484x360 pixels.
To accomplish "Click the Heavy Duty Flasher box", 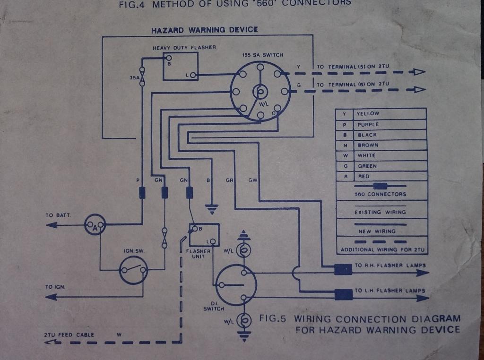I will pyautogui.click(x=180, y=67).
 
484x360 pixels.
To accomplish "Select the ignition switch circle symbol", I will pyautogui.click(x=133, y=270).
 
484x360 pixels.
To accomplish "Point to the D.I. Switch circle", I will pyautogui.click(x=235, y=285).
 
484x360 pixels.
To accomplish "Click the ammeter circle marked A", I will pyautogui.click(x=95, y=225).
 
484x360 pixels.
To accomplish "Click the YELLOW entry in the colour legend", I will pyautogui.click(x=368, y=114).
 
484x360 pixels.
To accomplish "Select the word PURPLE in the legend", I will pyautogui.click(x=368, y=125).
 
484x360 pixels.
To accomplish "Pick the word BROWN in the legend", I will pyautogui.click(x=368, y=145).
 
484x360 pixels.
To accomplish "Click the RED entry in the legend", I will pyautogui.click(x=364, y=176).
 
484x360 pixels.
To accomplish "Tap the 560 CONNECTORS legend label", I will pyautogui.click(x=380, y=194).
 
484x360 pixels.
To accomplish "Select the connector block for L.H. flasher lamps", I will pyautogui.click(x=344, y=294).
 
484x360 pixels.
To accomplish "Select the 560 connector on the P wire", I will pyautogui.click(x=142, y=193).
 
